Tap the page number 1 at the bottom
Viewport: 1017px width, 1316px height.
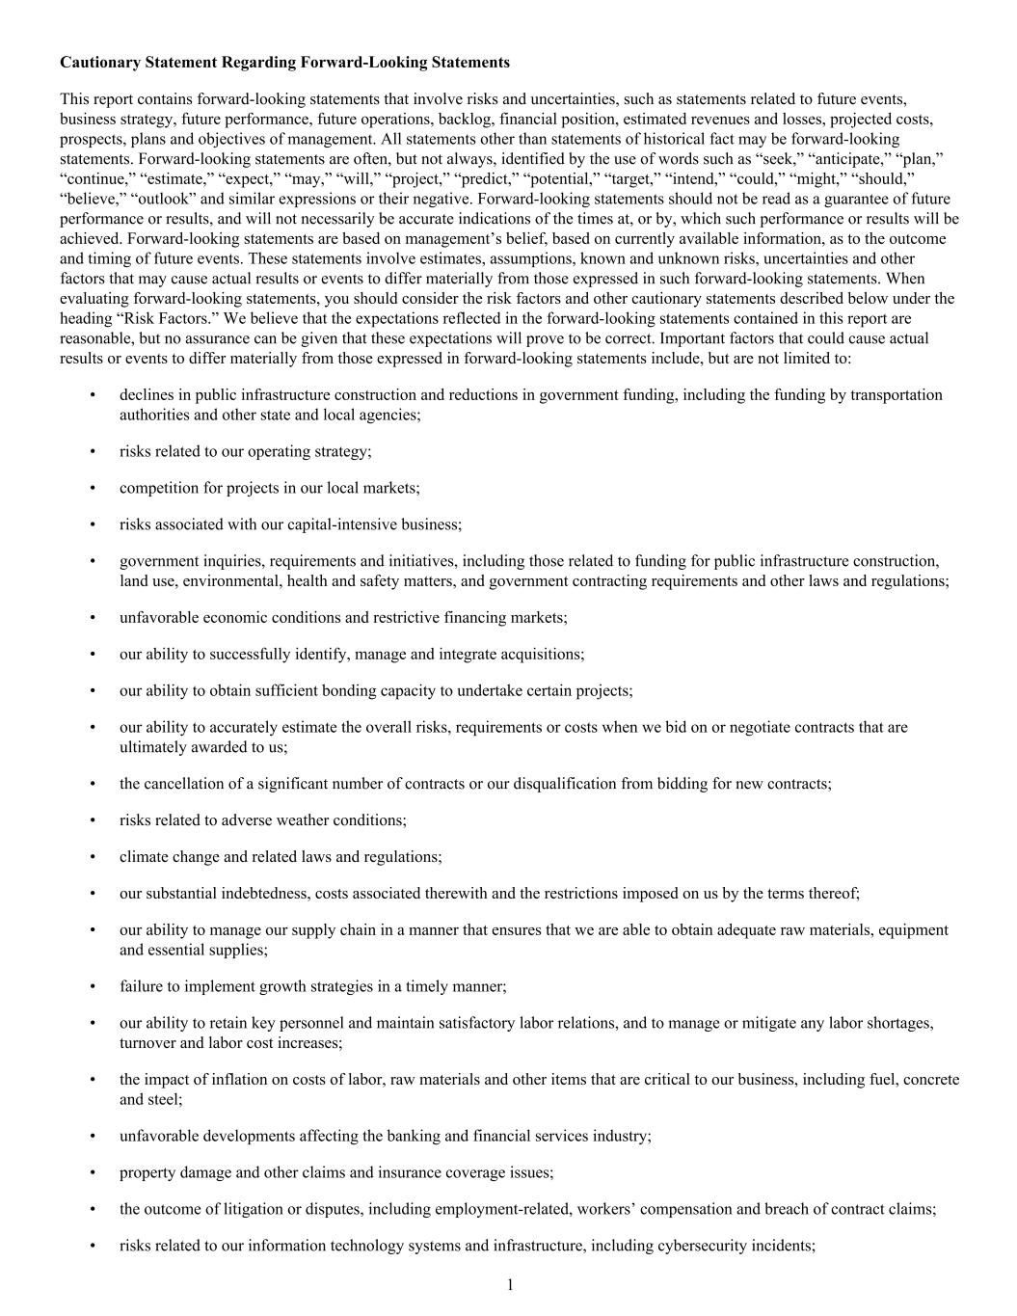(509, 1284)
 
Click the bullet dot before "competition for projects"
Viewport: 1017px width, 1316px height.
(93, 488)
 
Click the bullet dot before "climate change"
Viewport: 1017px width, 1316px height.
(93, 857)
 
